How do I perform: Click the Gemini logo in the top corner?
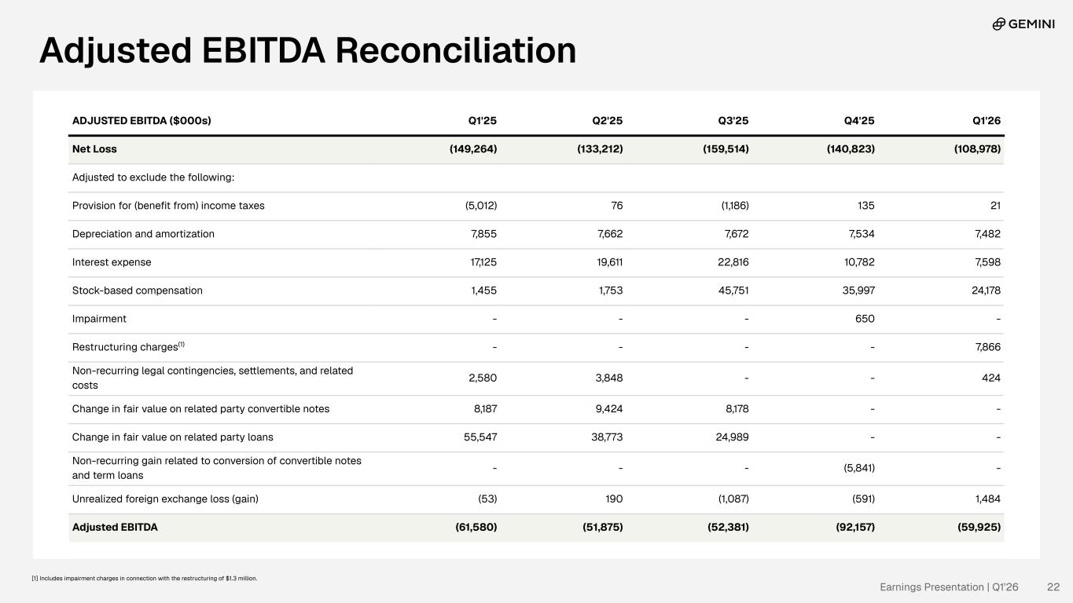pos(1023,24)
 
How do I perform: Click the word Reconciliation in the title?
pos(456,50)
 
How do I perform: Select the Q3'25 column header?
pos(733,121)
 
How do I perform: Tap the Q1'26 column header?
pos(987,121)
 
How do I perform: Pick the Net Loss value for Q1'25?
pos(473,149)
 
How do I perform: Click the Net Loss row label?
pos(94,149)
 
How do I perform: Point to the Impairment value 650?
pos(865,319)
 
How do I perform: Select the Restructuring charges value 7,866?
pos(988,347)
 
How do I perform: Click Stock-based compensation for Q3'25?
pos(733,291)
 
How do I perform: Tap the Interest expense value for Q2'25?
pos(610,262)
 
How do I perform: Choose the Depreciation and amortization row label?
pos(143,234)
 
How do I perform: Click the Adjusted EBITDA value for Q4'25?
pos(855,527)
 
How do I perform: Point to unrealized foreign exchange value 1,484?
pos(988,499)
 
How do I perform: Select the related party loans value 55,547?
pos(480,437)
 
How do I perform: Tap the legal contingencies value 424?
pos(991,378)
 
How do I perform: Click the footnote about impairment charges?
pos(145,578)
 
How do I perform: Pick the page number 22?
pos(1053,587)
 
